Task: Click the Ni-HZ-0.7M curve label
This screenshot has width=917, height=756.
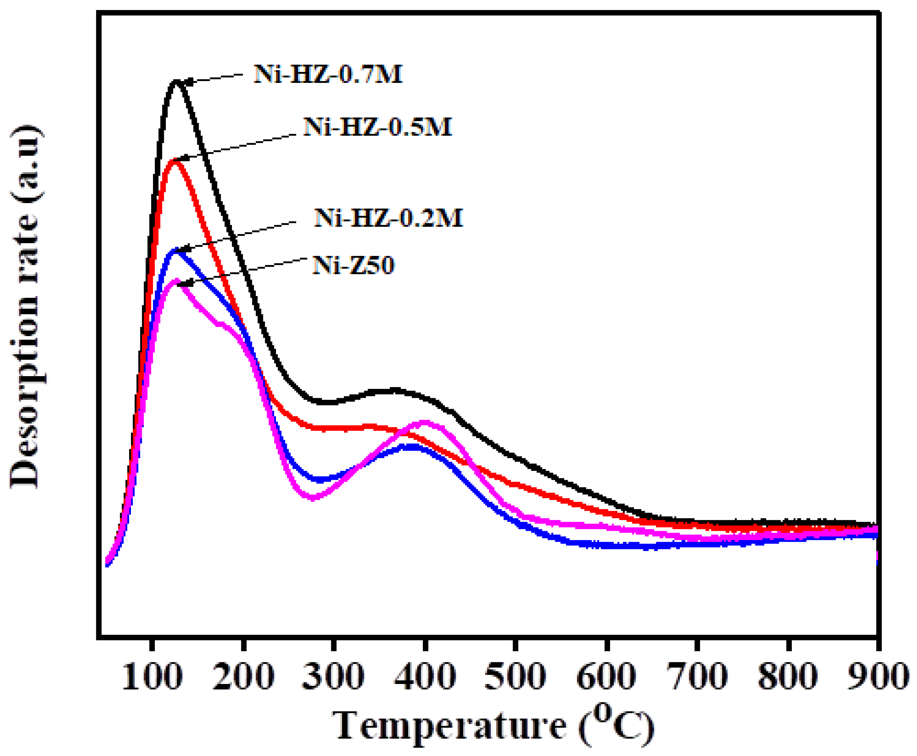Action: coord(328,74)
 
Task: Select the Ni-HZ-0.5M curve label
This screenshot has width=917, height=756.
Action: coord(378,127)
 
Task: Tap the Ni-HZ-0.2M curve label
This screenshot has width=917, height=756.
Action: coord(389,217)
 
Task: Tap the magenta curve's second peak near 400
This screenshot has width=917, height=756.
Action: coord(425,421)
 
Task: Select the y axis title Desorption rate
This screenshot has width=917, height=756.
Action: coord(25,307)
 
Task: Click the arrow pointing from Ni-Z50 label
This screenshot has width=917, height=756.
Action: coord(244,272)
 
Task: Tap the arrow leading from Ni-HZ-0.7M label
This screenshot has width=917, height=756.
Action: coord(213,78)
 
